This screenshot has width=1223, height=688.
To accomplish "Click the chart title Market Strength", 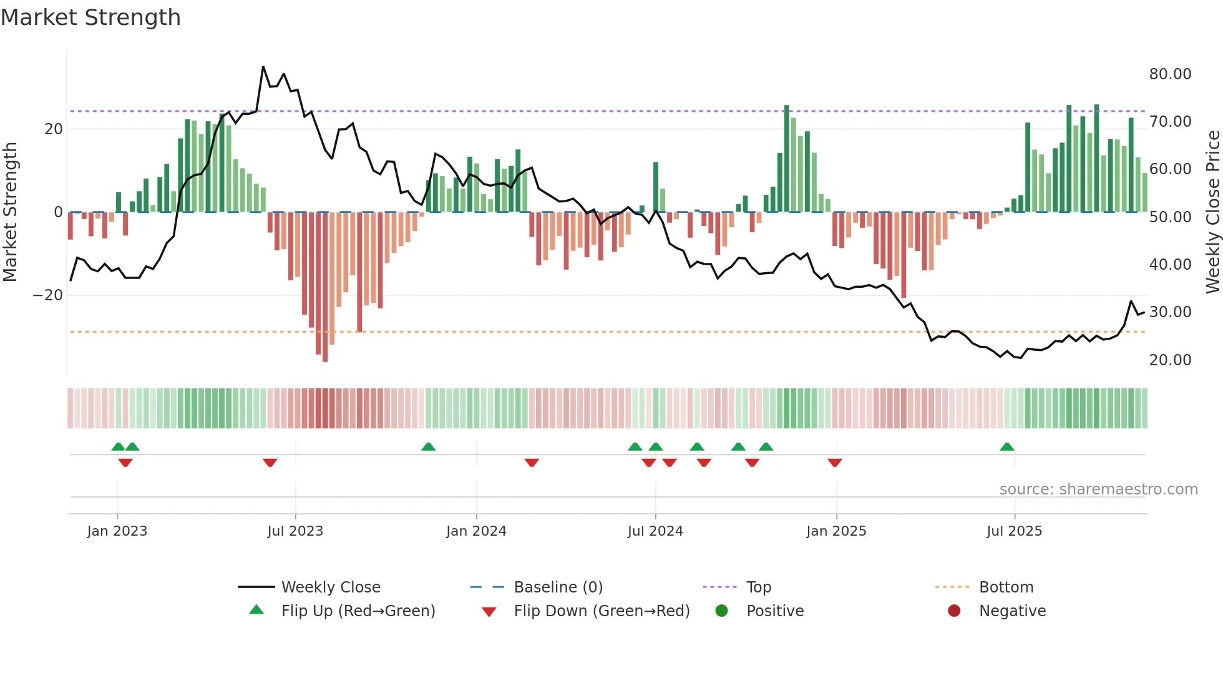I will click(90, 17).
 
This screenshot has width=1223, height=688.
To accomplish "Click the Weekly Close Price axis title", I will click(1212, 212).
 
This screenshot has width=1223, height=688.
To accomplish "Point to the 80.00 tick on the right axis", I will click(1170, 74).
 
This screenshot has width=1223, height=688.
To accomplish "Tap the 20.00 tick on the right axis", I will click(1170, 360).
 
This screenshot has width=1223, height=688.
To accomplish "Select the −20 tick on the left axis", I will click(48, 295).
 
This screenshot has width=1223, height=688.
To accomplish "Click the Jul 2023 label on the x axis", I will click(295, 531).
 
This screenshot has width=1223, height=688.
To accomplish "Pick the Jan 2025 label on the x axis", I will click(836, 531).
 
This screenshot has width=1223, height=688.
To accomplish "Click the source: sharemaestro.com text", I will click(1098, 489).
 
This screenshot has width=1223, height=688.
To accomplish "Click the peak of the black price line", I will click(263, 67).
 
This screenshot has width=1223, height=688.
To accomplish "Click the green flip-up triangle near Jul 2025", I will click(1006, 447).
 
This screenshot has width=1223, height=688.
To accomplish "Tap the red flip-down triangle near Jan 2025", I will click(835, 463).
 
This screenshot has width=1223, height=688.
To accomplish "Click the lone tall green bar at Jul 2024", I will click(656, 187).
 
